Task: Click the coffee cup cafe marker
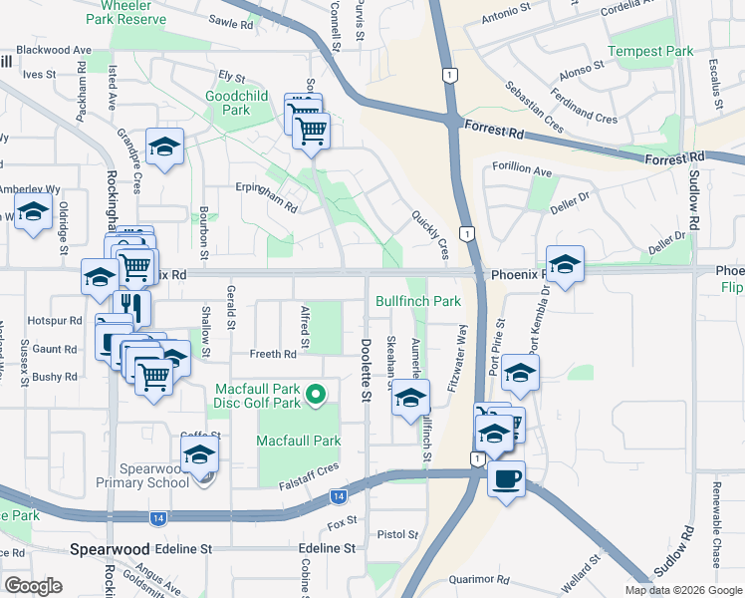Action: (x=506, y=478)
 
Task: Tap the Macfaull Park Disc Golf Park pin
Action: (x=316, y=396)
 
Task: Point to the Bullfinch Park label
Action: (x=418, y=301)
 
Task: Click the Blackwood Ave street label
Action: (x=61, y=50)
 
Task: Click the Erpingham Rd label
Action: (x=266, y=203)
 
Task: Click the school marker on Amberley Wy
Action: (x=34, y=211)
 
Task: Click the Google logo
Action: (x=34, y=586)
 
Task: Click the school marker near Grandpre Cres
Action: (x=164, y=147)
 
